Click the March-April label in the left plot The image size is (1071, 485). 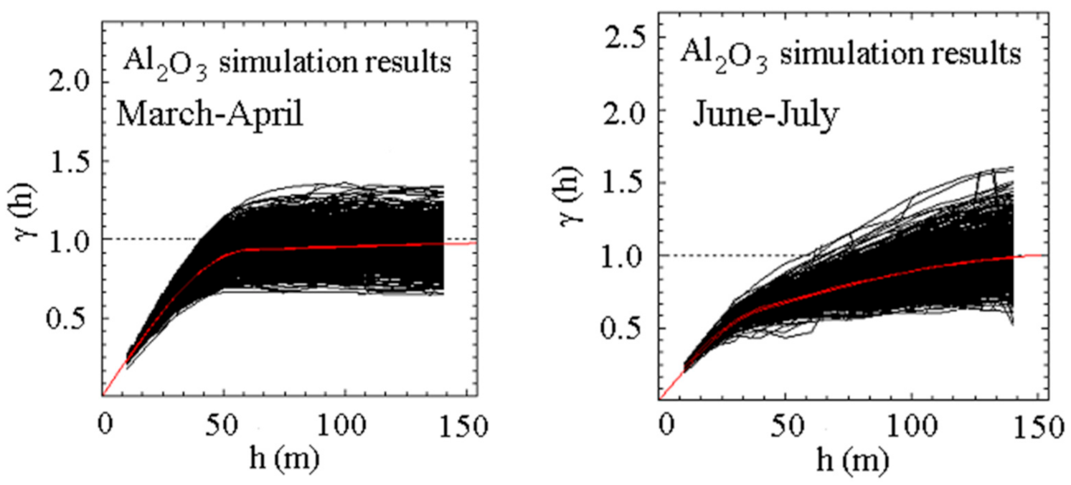[207, 114]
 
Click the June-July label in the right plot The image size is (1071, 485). [765, 115]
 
